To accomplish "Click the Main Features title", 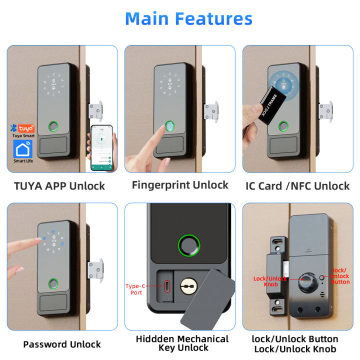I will coord(188,19).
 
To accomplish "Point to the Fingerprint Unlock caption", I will coord(180,185).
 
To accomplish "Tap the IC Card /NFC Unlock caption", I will coord(297,186).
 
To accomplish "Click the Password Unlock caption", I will coord(62,344).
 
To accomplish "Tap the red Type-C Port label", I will coord(135,289).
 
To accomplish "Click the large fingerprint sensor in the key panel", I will coord(188,246).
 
